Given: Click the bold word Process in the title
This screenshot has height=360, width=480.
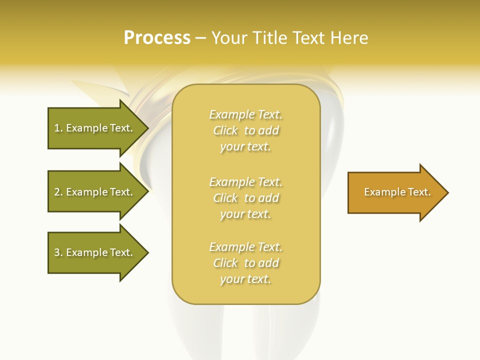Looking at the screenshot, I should pyautogui.click(x=157, y=38).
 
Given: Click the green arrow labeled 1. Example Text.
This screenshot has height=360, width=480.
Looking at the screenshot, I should pyautogui.click(x=93, y=128).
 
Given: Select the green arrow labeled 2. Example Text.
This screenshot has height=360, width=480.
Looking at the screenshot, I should pyautogui.click(x=93, y=192).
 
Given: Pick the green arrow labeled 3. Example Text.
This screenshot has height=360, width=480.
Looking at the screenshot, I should pyautogui.click(x=93, y=252).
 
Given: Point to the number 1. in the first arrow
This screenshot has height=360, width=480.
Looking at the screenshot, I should pyautogui.click(x=58, y=128).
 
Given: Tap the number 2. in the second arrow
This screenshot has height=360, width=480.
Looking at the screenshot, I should pyautogui.click(x=58, y=192).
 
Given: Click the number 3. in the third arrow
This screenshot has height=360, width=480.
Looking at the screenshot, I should pyautogui.click(x=58, y=252).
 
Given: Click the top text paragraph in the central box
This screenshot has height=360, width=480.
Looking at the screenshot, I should pyautogui.click(x=246, y=130).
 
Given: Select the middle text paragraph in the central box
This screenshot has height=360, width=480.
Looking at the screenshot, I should pyautogui.click(x=246, y=198).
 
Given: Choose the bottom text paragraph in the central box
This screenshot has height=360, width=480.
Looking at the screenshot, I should pyautogui.click(x=246, y=263).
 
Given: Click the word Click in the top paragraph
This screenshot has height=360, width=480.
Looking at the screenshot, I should pyautogui.click(x=225, y=130).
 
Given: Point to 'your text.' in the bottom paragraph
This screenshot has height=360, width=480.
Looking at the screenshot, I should pyautogui.click(x=245, y=279).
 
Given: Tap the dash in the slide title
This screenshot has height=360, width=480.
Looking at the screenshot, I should pyautogui.click(x=200, y=38).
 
